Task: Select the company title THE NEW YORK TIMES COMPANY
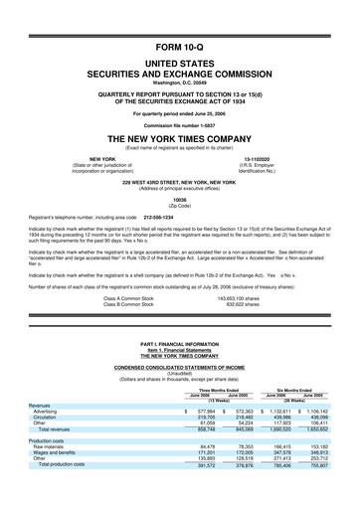pos(179,138)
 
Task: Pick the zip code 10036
pos(179,200)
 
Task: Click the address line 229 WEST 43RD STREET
pos(179,183)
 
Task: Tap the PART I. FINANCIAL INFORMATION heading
pos(179,343)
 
